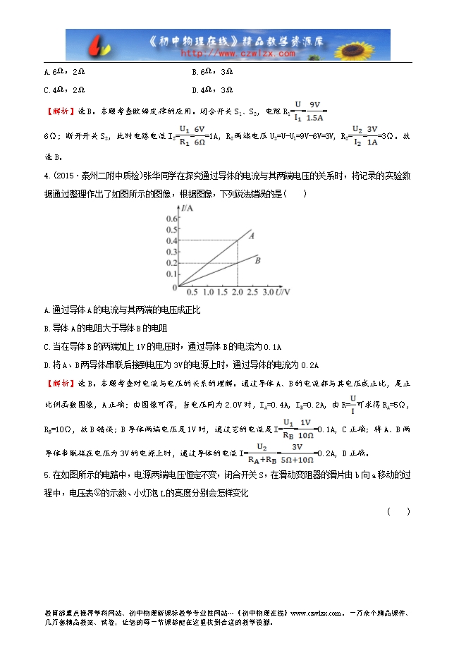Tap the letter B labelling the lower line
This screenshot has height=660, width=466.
258,260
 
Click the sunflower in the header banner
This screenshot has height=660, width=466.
366,44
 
